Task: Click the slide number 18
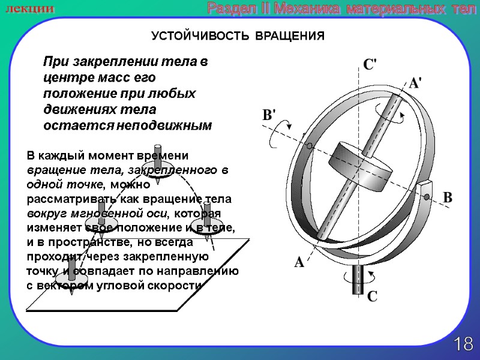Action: tap(463, 344)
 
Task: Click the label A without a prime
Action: tap(299, 262)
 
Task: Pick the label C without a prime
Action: tap(372, 296)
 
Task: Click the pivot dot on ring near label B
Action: tap(425, 197)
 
